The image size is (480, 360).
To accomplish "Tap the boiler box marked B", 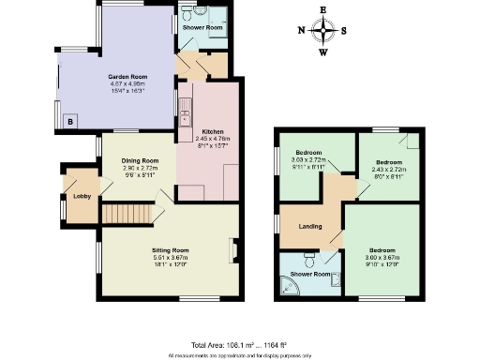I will click(70, 121).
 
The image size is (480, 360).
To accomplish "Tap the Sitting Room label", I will click(171, 250).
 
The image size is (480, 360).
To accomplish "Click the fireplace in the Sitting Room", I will click(234, 251).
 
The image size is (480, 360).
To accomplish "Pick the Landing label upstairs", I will click(310, 227).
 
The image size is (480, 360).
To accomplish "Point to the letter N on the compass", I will click(301, 30).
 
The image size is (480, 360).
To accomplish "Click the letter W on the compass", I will click(324, 51).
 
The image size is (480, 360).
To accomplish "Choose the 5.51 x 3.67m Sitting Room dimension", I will click(171, 258).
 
